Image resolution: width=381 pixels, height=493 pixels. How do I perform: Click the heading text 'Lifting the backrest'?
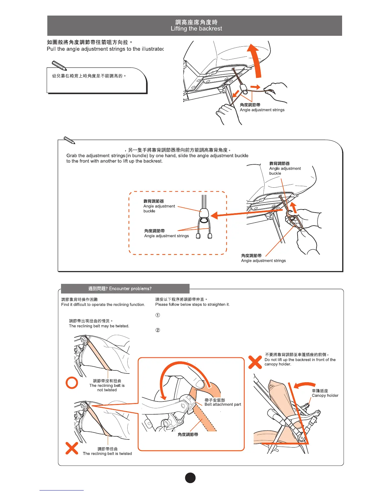[x=196, y=29]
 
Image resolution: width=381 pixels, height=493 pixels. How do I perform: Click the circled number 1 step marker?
[x=158, y=315]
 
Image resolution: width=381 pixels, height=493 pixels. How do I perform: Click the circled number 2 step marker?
[x=158, y=330]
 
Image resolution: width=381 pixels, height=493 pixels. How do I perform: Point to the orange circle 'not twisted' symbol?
[x=72, y=383]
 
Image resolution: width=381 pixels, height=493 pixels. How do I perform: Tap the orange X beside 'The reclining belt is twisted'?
[x=72, y=448]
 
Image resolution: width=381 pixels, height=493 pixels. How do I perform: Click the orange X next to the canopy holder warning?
[x=255, y=362]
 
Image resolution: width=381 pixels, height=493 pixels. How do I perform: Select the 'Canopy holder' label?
[x=325, y=395]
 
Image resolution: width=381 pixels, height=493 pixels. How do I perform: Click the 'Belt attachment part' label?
[x=223, y=404]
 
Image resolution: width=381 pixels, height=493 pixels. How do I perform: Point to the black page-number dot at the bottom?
[x=190, y=478]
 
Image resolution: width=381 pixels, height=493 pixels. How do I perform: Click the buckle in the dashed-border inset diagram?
[x=204, y=213]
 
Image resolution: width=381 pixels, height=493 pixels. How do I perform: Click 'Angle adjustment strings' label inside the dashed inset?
[x=167, y=236]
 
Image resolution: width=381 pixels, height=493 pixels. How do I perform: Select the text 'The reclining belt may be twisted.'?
[x=99, y=326]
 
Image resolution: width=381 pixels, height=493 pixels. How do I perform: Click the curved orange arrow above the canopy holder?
[x=304, y=385]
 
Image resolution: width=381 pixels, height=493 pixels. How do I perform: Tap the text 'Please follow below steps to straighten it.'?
[x=192, y=304]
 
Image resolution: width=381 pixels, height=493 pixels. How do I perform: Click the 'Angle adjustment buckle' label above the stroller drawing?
[x=285, y=168]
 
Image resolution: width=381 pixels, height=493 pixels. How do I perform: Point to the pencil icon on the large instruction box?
[x=69, y=140]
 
